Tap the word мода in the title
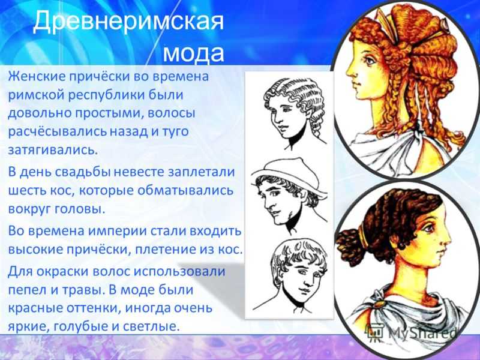(193, 53)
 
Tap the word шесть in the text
(26, 191)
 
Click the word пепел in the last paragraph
(27, 290)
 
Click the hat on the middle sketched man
(287, 176)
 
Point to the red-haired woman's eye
(370, 61)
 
